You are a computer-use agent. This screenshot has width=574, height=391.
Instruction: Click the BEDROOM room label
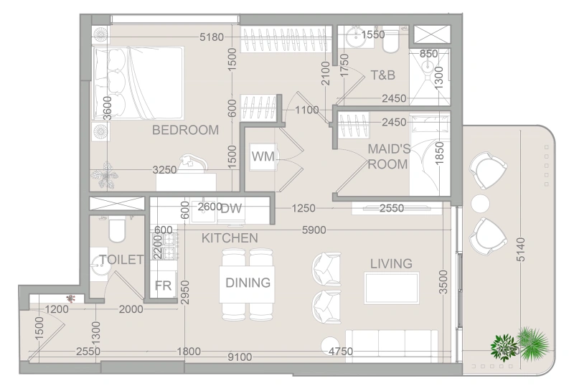click(x=185, y=130)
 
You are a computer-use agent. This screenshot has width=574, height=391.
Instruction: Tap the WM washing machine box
click(x=263, y=156)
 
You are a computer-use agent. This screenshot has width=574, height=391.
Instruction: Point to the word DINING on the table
click(x=248, y=283)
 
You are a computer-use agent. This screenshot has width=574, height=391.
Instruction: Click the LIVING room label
click(x=391, y=264)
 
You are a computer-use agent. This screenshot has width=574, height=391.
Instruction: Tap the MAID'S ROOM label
click(x=388, y=156)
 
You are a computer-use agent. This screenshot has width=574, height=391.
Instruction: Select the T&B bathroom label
click(x=383, y=75)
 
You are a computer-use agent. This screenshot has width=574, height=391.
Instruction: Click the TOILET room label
click(x=122, y=260)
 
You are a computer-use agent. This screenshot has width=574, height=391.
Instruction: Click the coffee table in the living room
click(x=391, y=288)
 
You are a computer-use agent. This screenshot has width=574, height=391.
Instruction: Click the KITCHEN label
click(x=229, y=237)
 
